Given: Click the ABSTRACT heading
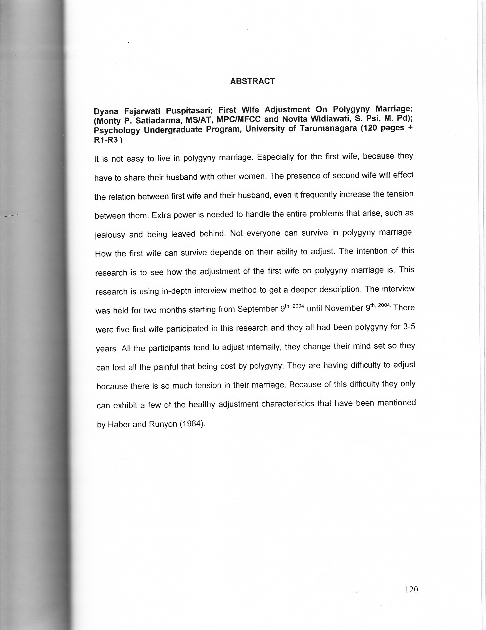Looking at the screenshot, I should click(x=252, y=81).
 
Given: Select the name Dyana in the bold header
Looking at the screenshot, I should click(x=105, y=111).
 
